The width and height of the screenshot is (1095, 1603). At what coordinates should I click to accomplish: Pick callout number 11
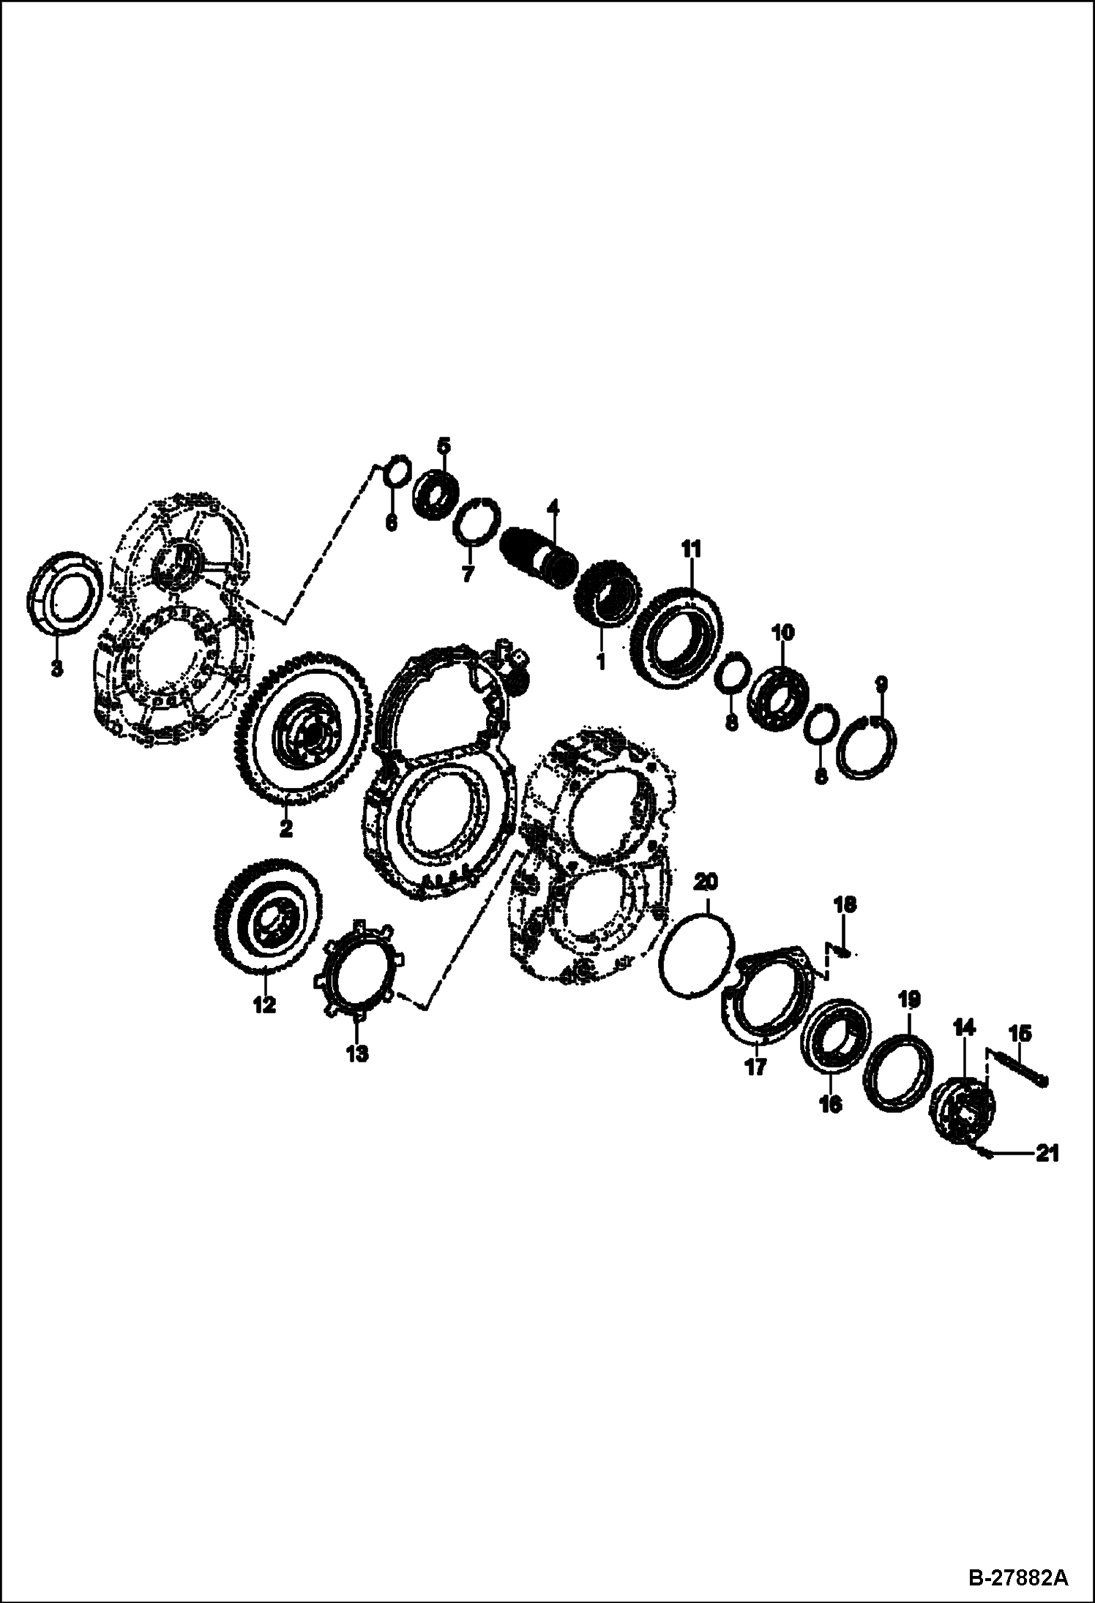coord(692,547)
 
